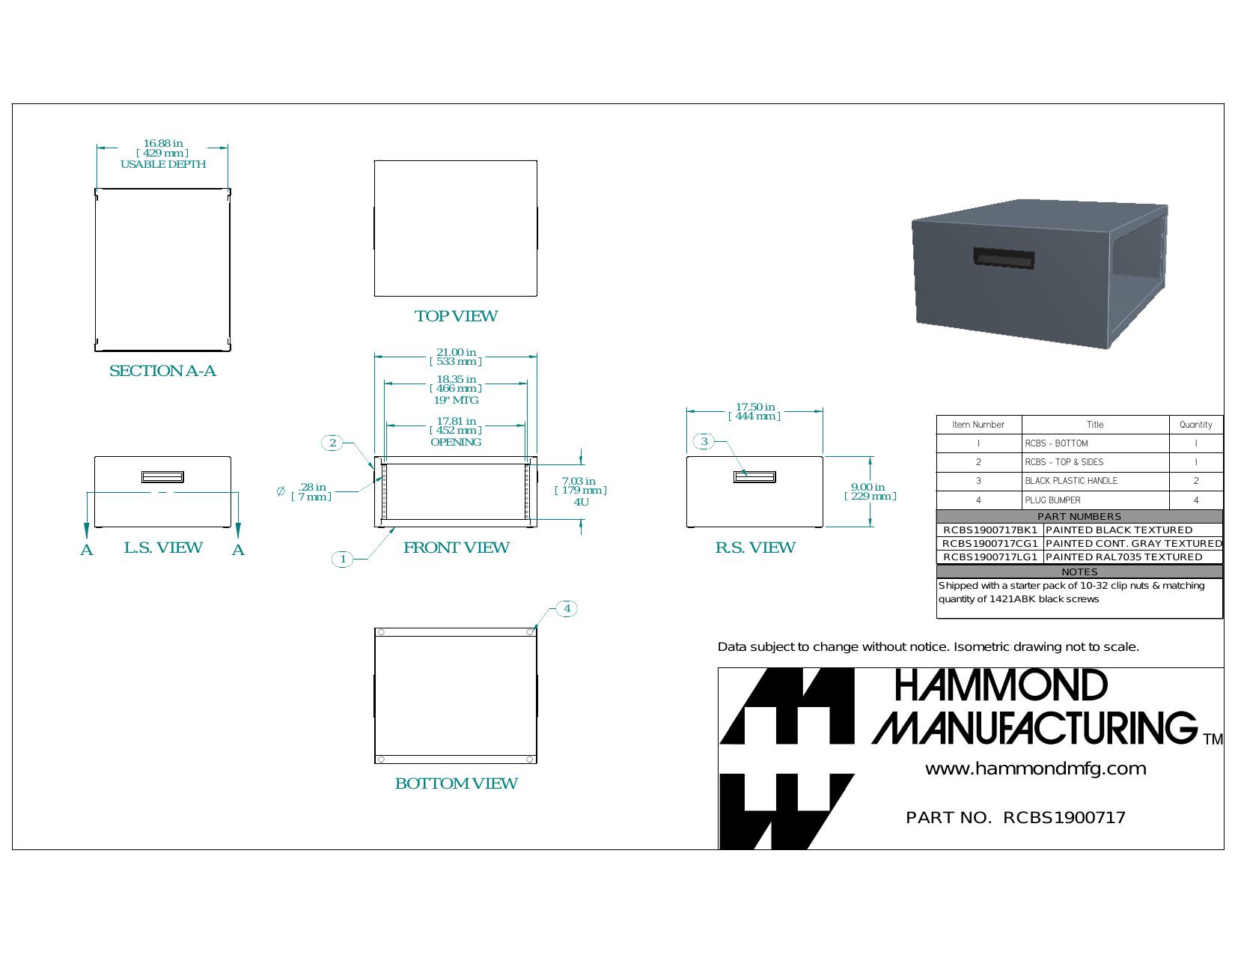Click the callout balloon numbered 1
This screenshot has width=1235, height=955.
342,559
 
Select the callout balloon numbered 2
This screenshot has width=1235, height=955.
332,443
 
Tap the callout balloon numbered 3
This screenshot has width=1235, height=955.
704,441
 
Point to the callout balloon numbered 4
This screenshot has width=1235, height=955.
567,609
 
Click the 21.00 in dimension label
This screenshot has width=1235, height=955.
456,357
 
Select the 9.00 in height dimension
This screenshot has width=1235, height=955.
870,491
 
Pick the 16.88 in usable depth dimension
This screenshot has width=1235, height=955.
163,154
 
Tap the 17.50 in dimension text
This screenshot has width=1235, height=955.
754,411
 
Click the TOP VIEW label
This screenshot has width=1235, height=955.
456,316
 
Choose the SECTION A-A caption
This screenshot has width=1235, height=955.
162,371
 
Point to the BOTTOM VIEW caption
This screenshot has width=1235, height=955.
456,783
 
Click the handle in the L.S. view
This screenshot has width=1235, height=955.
162,476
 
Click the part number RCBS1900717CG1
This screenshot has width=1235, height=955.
989,544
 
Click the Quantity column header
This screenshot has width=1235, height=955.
1196,425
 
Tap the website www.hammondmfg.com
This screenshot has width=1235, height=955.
1035,769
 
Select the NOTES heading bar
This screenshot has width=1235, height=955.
1079,572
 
